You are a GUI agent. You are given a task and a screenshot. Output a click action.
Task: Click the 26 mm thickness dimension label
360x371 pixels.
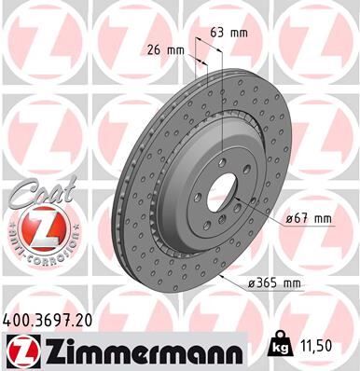(x=165, y=49)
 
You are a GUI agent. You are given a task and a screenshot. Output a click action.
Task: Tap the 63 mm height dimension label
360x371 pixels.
(x=225, y=32)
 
